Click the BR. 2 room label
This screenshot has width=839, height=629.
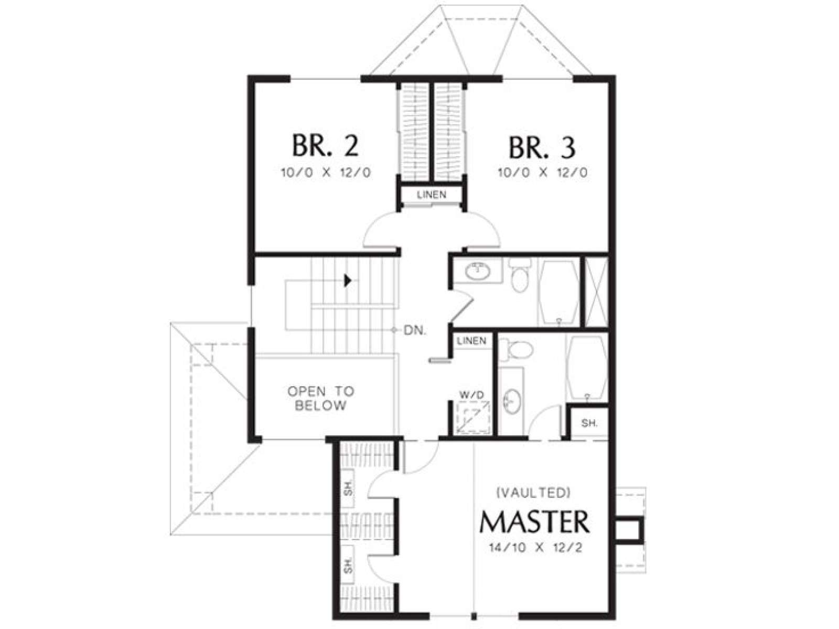(x=325, y=145)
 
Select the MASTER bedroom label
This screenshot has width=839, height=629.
(x=534, y=522)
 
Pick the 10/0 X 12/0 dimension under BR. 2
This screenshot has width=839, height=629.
(x=326, y=172)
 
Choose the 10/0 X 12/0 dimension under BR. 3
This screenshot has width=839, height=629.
(x=542, y=172)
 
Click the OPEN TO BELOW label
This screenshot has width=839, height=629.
(x=321, y=398)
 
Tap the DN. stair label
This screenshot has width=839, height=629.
(x=415, y=330)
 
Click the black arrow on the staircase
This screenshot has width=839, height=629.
(x=348, y=281)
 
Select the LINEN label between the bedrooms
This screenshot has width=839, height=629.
(x=432, y=195)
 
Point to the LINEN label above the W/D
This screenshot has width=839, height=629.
(x=471, y=341)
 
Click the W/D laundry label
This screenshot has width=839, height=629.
(x=471, y=395)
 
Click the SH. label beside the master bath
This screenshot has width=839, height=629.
(x=589, y=423)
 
